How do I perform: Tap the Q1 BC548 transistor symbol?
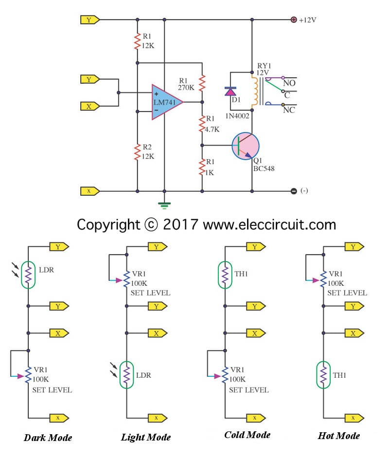pyautogui.click(x=245, y=146)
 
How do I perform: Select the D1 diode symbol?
pyautogui.click(x=230, y=91)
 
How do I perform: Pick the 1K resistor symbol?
pyautogui.click(x=202, y=167)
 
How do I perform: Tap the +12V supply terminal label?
pyautogui.click(x=307, y=20)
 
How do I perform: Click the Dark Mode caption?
pyautogui.click(x=48, y=437)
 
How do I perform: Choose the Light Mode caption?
pyautogui.click(x=146, y=437)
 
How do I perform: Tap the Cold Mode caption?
pyautogui.click(x=247, y=435)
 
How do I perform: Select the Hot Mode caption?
pyautogui.click(x=338, y=435)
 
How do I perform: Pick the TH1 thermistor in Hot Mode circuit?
pyautogui.click(x=323, y=375)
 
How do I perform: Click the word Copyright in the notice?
pyautogui.click(x=107, y=224)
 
